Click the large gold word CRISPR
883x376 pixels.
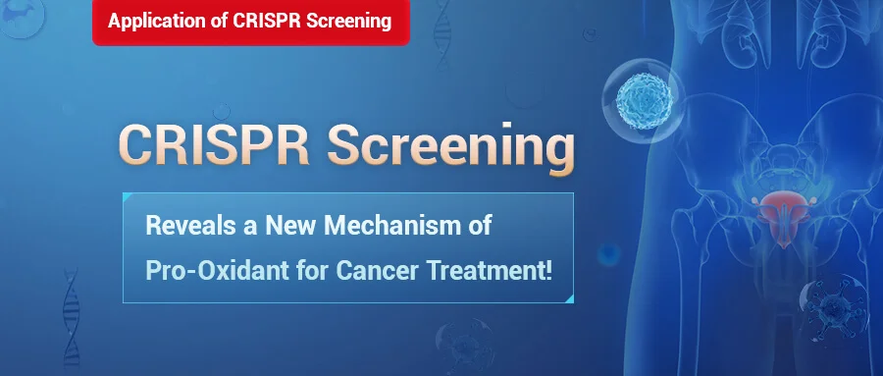214,145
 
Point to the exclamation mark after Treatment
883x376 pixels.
548,270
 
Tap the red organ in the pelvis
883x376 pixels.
780,217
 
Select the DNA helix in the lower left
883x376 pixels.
72,318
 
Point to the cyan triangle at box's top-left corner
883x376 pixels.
127,196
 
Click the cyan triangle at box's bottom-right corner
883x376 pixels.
569,298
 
